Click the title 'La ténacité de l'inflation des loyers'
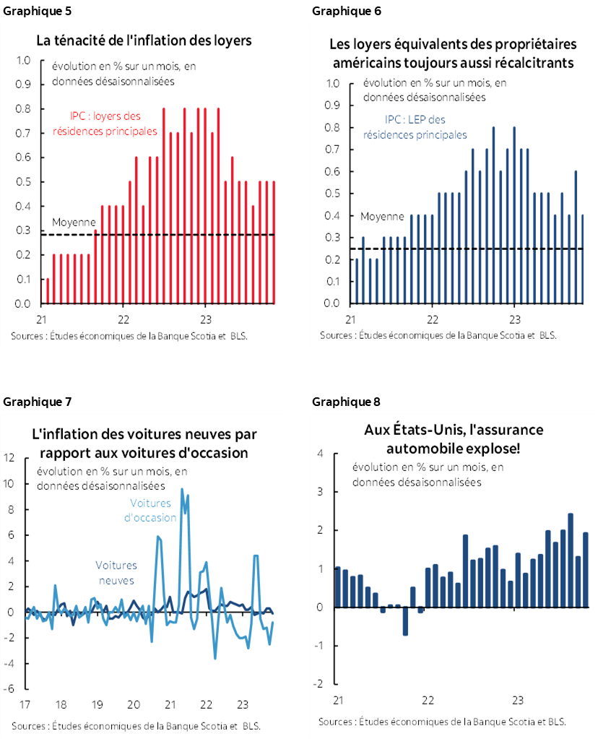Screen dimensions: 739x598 [144, 41]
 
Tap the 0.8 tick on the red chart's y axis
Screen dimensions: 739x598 [22, 109]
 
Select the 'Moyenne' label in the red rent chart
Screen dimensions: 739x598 [74, 222]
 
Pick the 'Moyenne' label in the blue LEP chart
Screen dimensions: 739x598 [382, 217]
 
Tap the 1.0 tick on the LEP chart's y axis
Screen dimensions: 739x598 [332, 83]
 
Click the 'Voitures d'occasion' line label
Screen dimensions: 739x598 [150, 511]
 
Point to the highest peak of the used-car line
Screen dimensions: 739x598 [181, 490]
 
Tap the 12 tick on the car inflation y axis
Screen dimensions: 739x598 [9, 457]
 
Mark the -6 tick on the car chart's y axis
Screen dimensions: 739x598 [9, 689]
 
